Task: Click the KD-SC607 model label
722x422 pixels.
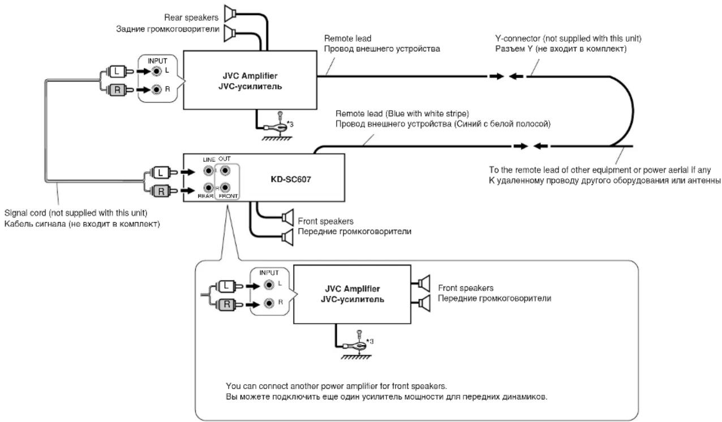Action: [291, 179]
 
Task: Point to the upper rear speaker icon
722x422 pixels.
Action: [230, 14]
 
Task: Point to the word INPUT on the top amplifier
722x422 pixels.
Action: [157, 61]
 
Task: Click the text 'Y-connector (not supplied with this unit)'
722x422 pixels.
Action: [568, 38]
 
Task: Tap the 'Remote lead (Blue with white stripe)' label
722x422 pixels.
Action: [402, 113]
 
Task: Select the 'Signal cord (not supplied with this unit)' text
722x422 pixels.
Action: [76, 213]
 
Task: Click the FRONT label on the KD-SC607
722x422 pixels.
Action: [228, 196]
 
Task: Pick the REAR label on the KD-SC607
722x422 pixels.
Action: [205, 196]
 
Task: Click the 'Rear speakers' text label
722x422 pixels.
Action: [191, 18]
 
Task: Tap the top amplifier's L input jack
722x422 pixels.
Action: [157, 71]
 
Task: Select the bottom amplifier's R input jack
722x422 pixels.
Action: [269, 303]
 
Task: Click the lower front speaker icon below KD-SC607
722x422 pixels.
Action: [287, 238]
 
